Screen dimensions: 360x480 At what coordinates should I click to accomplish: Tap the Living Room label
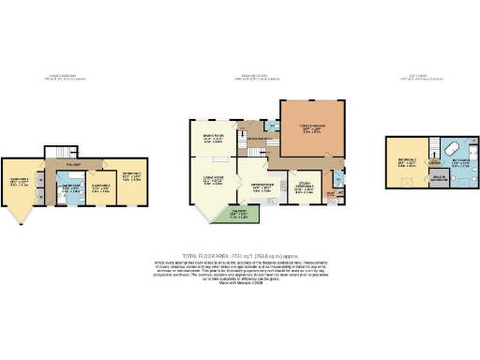pyautogui.click(x=212, y=180)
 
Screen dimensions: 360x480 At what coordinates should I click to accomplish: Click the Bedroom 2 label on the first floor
pyautogui.click(x=406, y=161)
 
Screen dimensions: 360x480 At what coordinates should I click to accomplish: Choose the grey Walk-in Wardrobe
pyautogui.click(x=438, y=179)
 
